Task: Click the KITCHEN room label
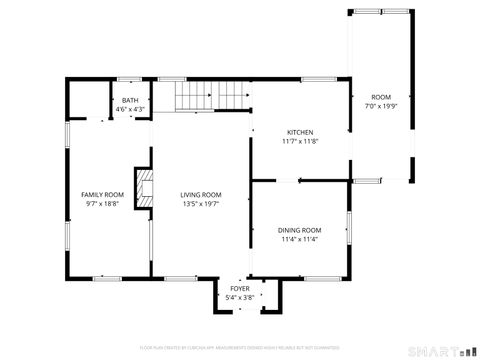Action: point(301,133)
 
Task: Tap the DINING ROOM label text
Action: point(300,230)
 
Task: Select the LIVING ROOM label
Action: point(201,194)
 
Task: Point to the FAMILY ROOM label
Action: point(102,194)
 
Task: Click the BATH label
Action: point(131,100)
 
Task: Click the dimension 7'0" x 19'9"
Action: point(381,104)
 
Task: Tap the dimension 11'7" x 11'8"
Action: point(301,142)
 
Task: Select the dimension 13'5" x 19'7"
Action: point(201,203)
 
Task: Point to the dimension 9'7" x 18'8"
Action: point(102,203)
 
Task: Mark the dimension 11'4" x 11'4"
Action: point(300,239)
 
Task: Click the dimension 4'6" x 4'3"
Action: point(131,108)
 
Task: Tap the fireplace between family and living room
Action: point(146,188)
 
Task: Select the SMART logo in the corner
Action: point(441,351)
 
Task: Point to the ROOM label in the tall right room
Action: point(381,96)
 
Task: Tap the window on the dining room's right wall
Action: point(349,228)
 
